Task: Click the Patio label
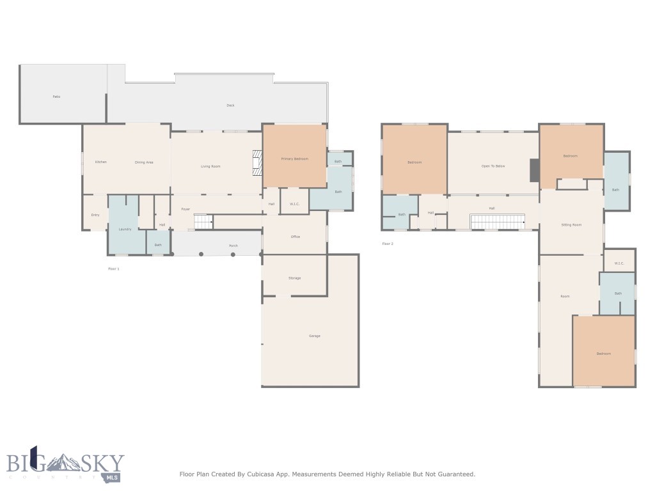click(x=56, y=97)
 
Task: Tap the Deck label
click(x=230, y=105)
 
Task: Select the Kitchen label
click(x=100, y=162)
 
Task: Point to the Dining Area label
click(x=144, y=162)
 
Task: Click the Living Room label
click(x=210, y=167)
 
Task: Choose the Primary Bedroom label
click(x=295, y=159)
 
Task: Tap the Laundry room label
click(x=125, y=229)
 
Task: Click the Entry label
click(x=95, y=215)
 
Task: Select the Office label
click(x=296, y=237)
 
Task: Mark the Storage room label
click(x=295, y=278)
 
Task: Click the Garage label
click(x=314, y=336)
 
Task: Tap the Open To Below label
click(x=493, y=166)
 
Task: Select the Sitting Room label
click(x=571, y=225)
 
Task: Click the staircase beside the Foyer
click(x=203, y=222)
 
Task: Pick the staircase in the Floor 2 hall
click(x=498, y=222)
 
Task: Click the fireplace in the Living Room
click(x=257, y=162)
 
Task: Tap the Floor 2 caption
click(x=388, y=244)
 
